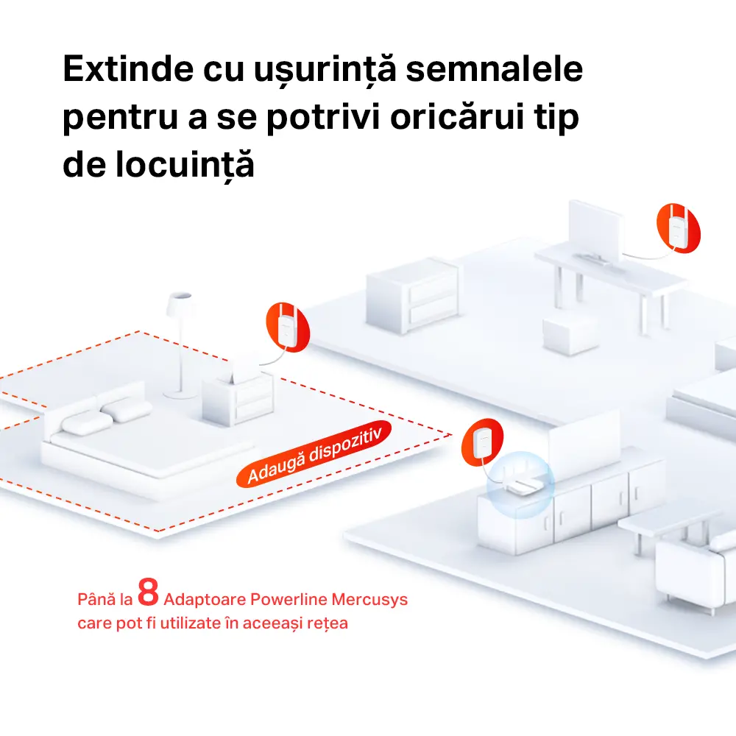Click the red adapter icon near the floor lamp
pyautogui.click(x=286, y=325)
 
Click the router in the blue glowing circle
pyautogui.click(x=520, y=486)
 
